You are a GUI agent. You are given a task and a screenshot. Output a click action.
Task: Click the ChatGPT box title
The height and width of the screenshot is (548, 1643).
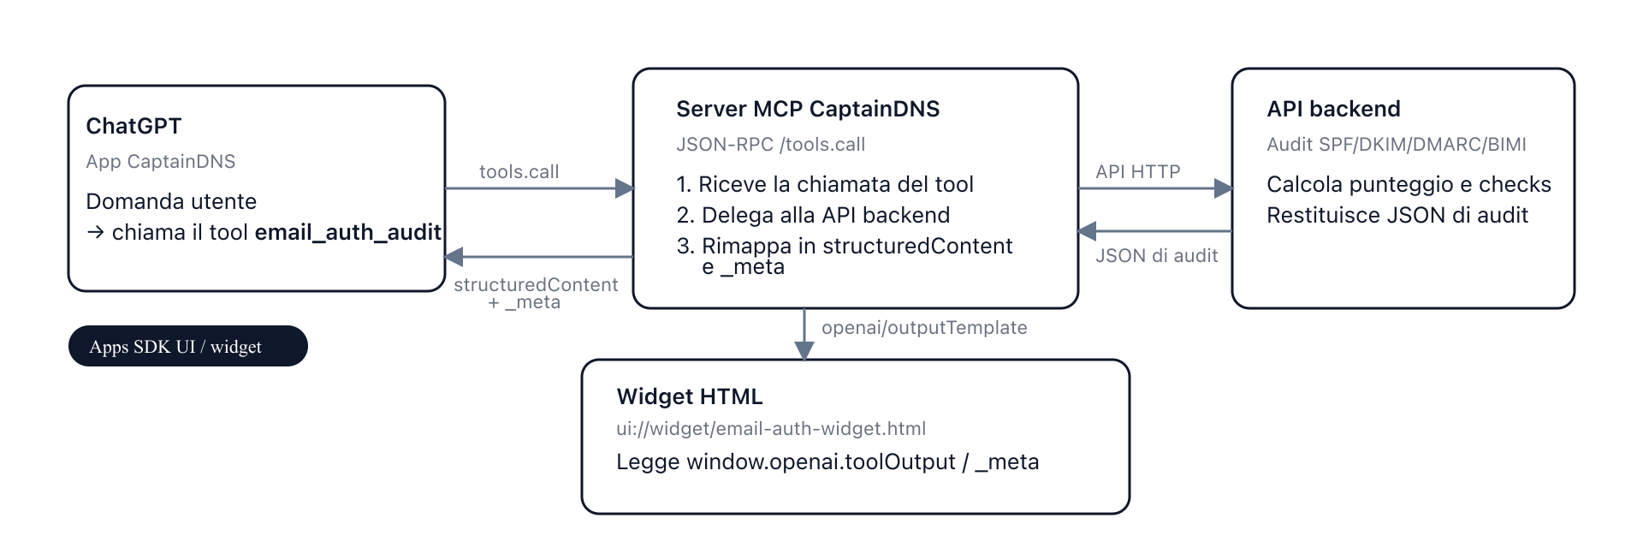coord(133,126)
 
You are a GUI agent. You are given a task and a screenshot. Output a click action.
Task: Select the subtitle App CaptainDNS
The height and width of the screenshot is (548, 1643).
coord(160,161)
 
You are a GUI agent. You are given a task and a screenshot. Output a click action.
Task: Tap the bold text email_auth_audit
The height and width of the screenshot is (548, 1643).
coord(347,232)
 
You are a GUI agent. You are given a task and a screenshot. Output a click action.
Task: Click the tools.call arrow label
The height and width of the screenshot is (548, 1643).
coord(519,171)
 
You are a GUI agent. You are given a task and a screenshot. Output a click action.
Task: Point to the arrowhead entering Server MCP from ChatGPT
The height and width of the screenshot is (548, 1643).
coord(625,188)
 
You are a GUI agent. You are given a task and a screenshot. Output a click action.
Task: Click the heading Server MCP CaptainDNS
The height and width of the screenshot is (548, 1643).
coord(807,109)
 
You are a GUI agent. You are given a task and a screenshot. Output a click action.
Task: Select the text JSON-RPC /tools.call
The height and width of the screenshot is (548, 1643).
coord(770,144)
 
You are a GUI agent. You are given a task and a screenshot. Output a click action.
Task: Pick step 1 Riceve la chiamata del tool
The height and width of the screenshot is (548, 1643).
coord(825,184)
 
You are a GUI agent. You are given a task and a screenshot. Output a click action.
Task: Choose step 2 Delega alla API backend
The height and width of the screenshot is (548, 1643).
coord(813,215)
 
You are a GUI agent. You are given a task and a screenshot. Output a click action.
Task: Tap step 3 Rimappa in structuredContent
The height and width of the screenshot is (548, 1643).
coord(844,246)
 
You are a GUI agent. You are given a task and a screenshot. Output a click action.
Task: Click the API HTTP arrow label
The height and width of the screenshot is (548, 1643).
coord(1137,171)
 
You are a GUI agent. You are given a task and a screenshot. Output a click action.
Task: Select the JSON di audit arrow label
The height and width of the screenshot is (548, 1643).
coord(1156,255)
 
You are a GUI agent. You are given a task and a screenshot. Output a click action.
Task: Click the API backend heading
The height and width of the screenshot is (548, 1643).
coord(1333,109)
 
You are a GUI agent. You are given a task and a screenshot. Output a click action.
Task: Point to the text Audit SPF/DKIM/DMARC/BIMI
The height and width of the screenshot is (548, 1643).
coord(1396,144)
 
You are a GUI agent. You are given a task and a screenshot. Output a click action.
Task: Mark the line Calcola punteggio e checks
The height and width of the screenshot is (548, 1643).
coord(1409,184)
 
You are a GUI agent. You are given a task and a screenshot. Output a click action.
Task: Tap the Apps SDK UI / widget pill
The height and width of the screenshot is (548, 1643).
coord(187,346)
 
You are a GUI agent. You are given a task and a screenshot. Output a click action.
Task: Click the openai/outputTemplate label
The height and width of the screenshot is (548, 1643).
coord(923,327)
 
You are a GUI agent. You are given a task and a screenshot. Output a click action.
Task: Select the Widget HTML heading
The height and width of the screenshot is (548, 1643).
coord(689,396)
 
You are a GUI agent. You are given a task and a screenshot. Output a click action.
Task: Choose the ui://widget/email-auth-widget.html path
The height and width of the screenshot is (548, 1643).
coord(770,428)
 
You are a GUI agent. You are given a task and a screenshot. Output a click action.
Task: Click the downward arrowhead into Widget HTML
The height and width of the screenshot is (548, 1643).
coord(804,350)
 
